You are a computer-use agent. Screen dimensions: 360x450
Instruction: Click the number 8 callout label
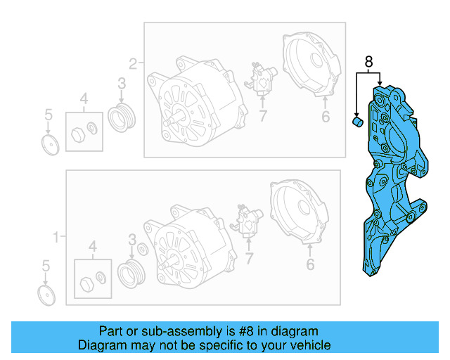pos(368,62)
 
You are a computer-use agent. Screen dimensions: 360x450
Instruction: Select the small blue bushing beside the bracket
pos(356,124)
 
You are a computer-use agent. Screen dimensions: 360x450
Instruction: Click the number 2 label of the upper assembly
pos(132,61)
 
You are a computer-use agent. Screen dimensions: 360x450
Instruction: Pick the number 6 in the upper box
pos(326,117)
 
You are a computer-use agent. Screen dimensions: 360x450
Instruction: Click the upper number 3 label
pos(121,84)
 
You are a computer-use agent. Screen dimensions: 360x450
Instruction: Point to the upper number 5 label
pos(48,113)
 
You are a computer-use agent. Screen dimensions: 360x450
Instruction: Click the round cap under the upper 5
pos(51,145)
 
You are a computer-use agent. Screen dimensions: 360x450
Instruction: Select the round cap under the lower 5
pos(46,294)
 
